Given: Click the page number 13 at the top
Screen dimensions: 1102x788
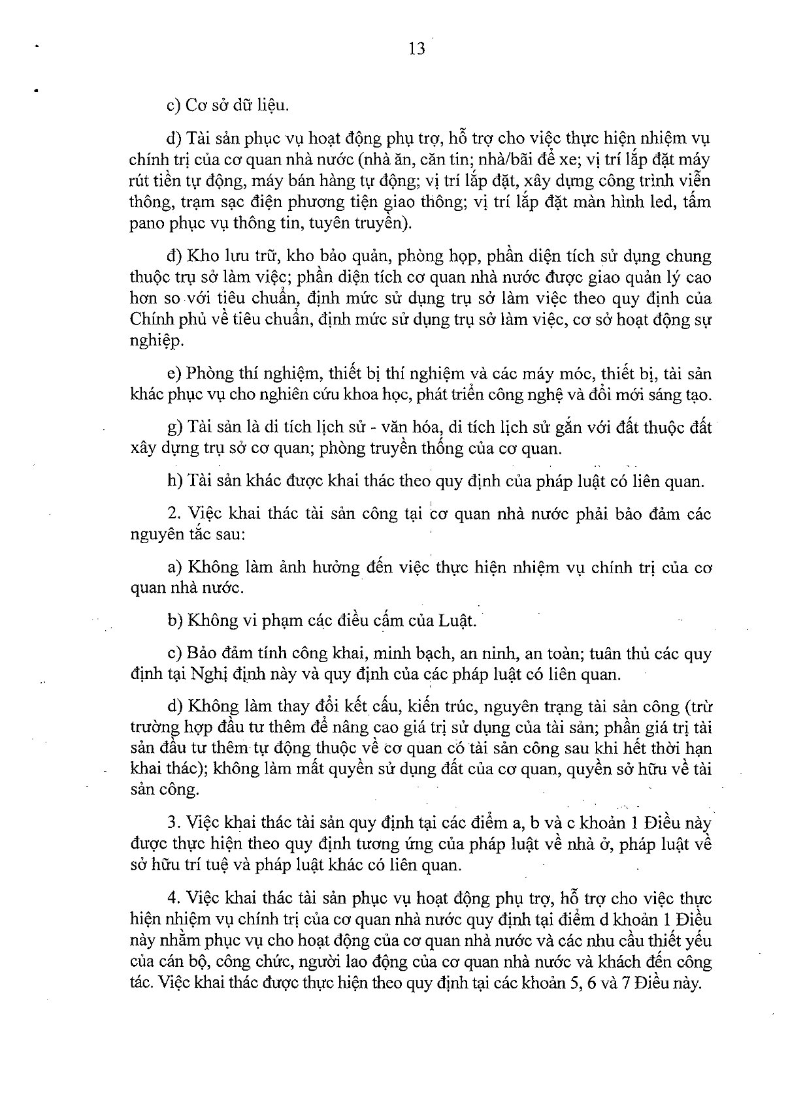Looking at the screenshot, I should click(x=417, y=49).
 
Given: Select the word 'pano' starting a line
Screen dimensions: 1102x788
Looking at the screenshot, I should click(x=146, y=224).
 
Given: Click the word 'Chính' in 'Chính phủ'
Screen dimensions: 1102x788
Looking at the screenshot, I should click(x=149, y=320).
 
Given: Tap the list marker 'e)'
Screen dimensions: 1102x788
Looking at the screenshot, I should click(x=173, y=374).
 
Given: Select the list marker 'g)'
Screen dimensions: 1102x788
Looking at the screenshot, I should click(x=174, y=428).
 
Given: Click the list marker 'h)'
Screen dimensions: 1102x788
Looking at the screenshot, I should click(x=174, y=482).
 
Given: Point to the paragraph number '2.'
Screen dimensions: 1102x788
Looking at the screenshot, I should click(x=172, y=514).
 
